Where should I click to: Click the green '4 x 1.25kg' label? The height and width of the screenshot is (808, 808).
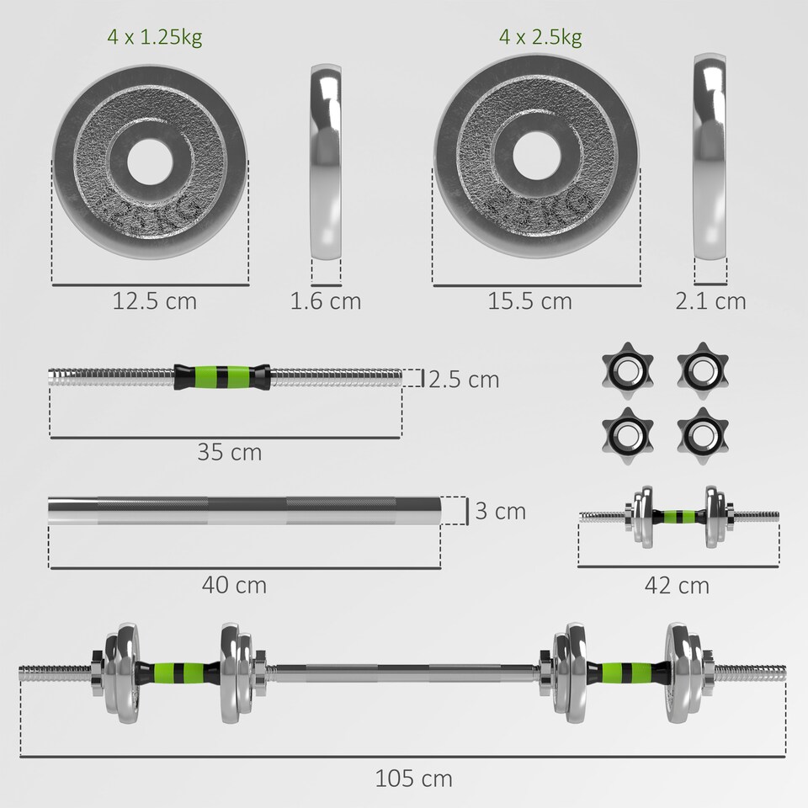[154, 37]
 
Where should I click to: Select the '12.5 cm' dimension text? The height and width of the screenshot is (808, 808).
[154, 300]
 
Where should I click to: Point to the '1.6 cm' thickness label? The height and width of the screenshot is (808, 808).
[325, 300]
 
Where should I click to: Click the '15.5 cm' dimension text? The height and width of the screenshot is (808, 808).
[529, 300]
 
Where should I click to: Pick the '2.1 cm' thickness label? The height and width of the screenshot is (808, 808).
[710, 300]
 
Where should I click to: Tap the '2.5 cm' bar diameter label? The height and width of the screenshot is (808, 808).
[463, 380]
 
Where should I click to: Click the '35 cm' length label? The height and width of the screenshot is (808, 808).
[230, 452]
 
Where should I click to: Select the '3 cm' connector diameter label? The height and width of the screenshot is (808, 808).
[500, 511]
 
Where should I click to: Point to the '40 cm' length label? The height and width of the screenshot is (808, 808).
[234, 583]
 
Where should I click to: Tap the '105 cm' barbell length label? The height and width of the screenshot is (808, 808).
[413, 779]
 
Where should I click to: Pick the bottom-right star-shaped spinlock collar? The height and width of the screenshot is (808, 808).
[702, 431]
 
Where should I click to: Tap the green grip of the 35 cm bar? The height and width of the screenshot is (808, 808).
[223, 376]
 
